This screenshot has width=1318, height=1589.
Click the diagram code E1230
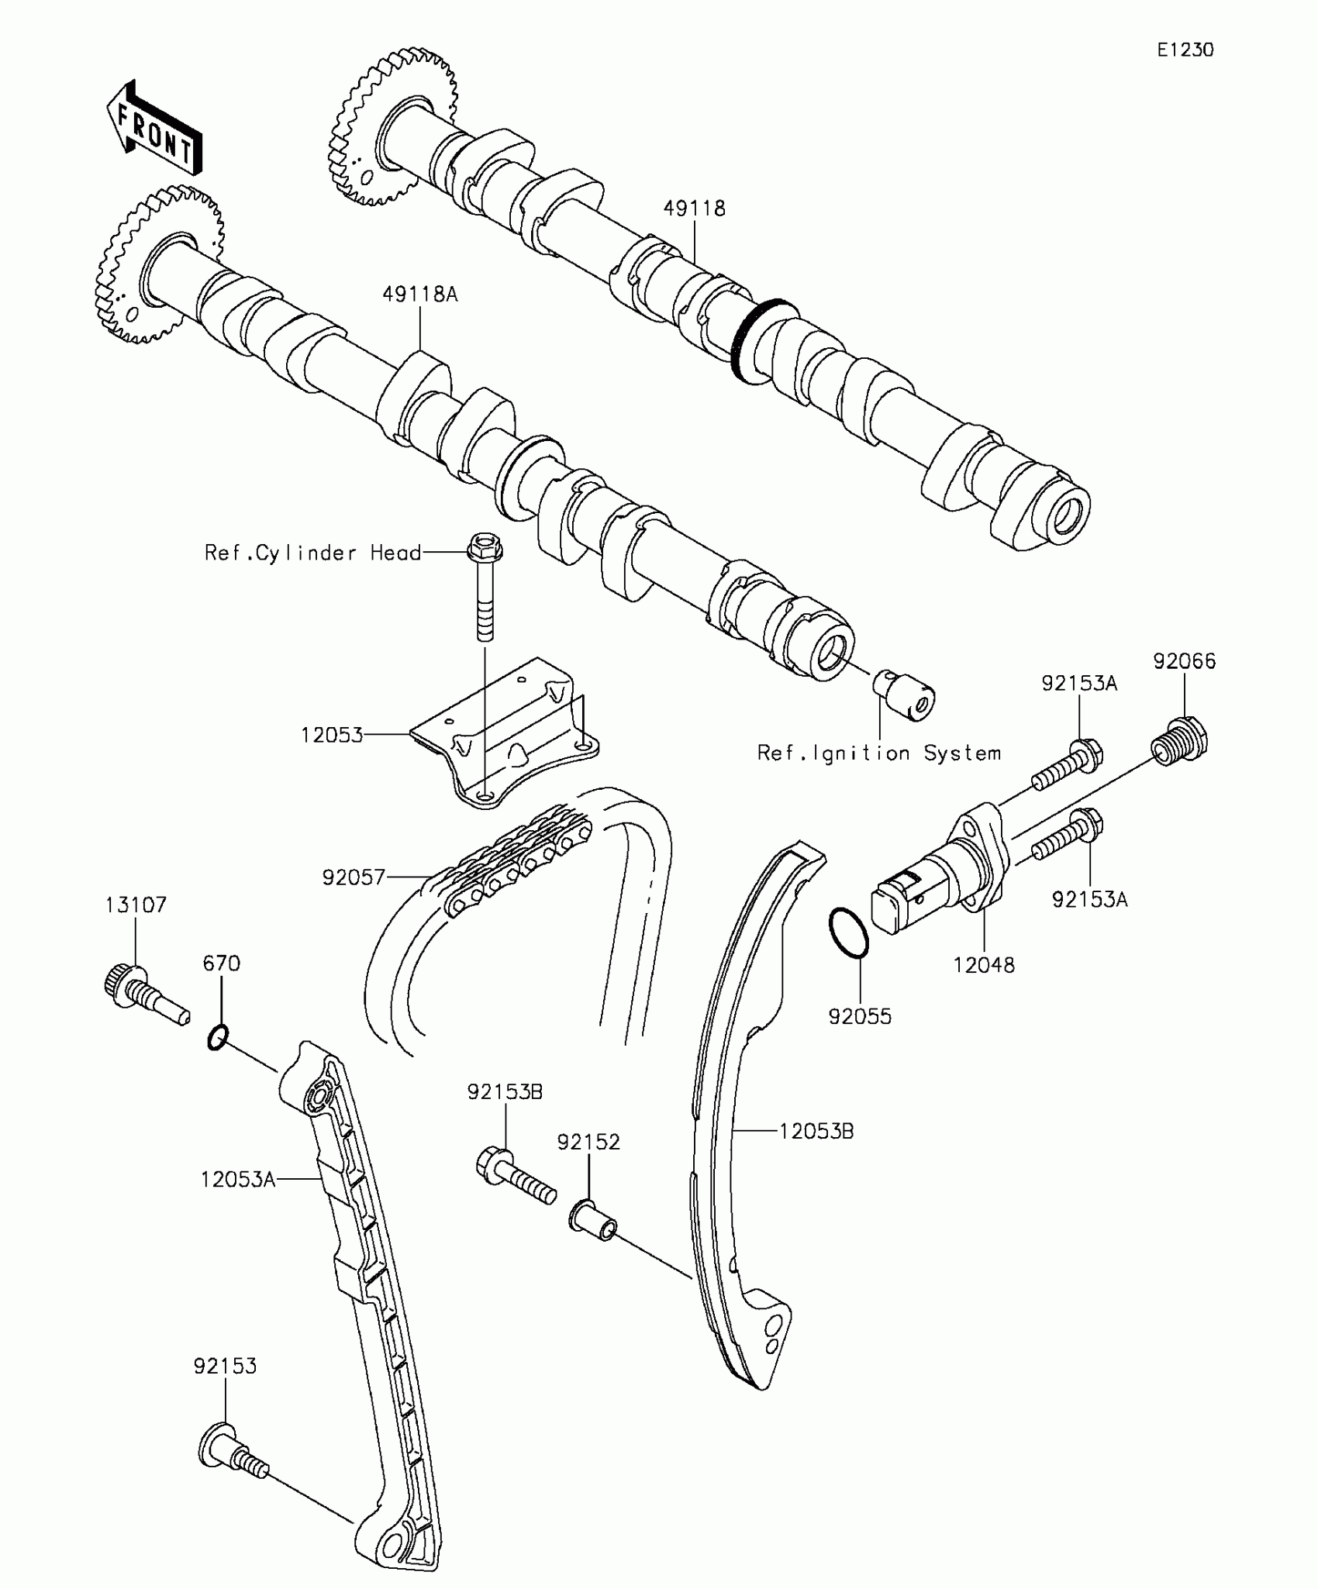tap(1185, 50)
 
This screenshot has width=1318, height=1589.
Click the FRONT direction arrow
tap(154, 129)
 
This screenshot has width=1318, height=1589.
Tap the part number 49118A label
tap(419, 295)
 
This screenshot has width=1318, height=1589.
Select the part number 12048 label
tap(984, 965)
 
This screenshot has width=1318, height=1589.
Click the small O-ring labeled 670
tap(219, 1037)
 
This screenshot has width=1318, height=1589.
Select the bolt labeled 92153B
tap(515, 1179)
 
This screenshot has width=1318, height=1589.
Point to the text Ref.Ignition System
tap(879, 753)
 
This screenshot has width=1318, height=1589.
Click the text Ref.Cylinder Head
tap(312, 553)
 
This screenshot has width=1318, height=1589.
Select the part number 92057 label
tap(354, 877)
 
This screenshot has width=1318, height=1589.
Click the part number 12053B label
tap(816, 1132)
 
